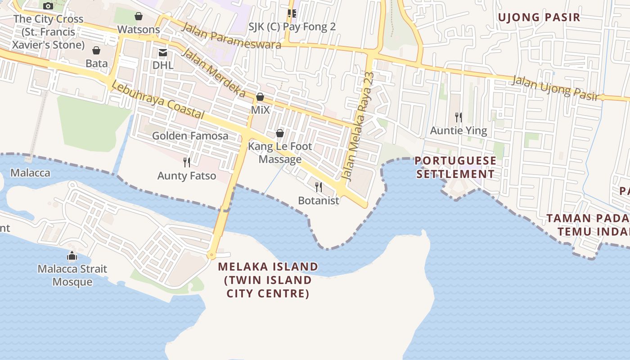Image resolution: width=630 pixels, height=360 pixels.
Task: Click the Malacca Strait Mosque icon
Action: [x=72, y=256]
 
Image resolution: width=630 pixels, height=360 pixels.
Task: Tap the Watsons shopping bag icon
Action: [x=139, y=17]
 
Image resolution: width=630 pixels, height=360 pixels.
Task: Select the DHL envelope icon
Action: [x=162, y=53]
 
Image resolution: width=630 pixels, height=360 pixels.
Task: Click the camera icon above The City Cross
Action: [x=48, y=6]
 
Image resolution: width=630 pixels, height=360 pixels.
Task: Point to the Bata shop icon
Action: [x=96, y=50]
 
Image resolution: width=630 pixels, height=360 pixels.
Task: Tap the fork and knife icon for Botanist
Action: [x=319, y=187]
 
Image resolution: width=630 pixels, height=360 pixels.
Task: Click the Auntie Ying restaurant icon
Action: [x=459, y=117]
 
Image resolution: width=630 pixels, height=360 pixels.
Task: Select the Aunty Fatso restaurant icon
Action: [x=187, y=162]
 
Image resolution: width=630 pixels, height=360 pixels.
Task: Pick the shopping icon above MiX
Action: [x=260, y=97]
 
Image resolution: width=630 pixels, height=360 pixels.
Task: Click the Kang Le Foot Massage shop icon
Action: [x=280, y=133]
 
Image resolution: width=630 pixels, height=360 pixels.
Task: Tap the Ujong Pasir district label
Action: [x=539, y=18]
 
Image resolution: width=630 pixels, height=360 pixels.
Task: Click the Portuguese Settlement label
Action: [x=455, y=167]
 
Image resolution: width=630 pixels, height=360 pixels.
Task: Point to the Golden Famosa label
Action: [x=190, y=135]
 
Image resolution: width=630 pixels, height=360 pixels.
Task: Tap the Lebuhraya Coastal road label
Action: [x=157, y=100]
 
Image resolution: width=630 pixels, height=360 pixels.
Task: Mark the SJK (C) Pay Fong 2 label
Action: [x=292, y=27]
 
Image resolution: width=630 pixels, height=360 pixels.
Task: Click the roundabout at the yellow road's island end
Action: [x=211, y=255]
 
